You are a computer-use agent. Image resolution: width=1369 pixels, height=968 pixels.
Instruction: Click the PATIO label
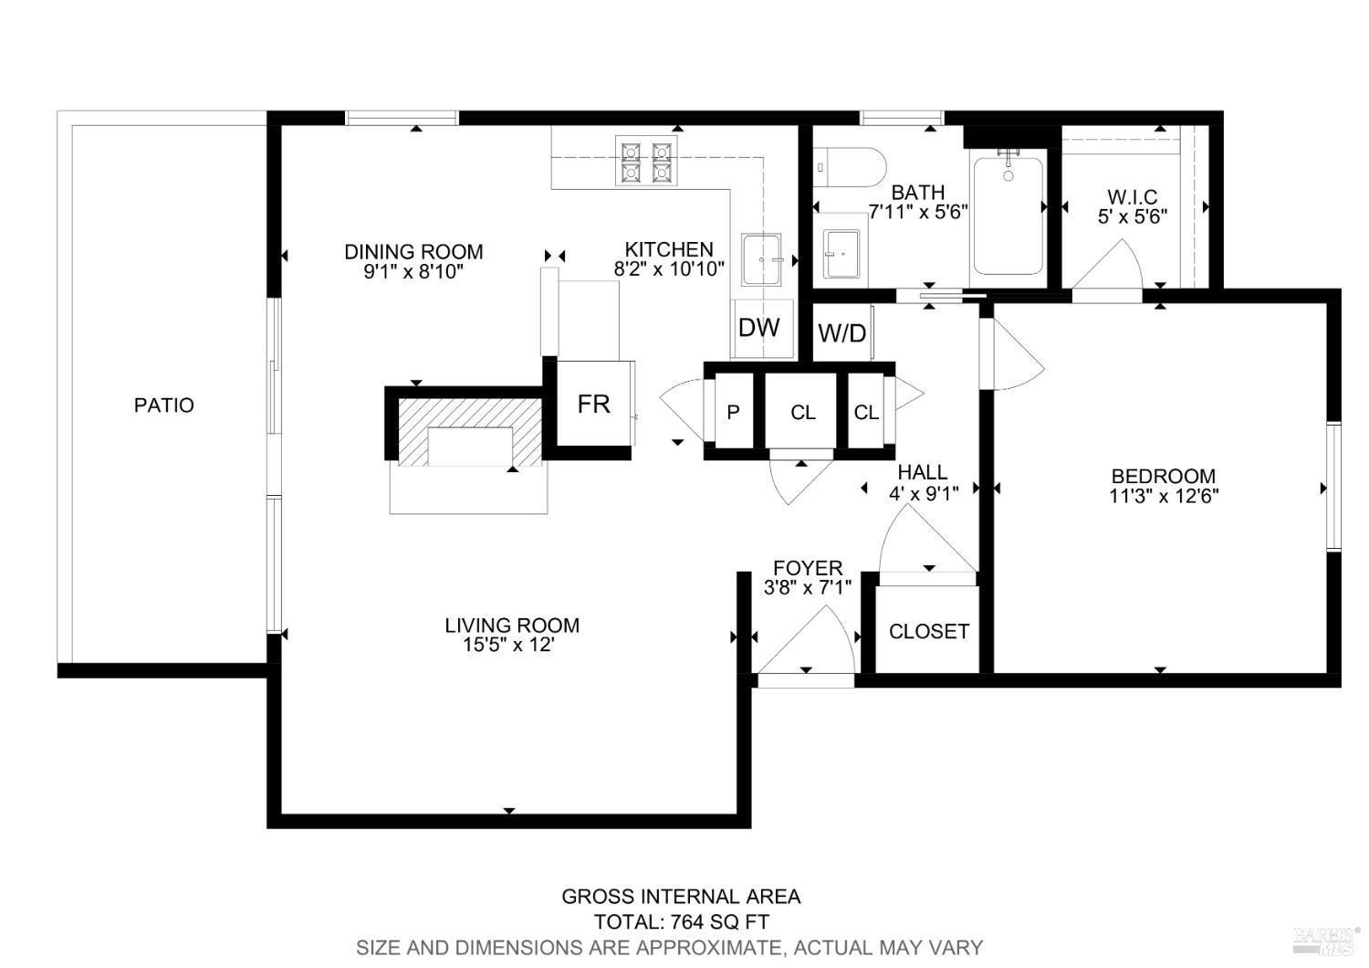164,405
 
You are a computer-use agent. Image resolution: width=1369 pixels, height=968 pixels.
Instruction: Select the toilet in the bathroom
852,167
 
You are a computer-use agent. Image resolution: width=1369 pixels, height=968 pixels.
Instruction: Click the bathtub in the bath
1008,216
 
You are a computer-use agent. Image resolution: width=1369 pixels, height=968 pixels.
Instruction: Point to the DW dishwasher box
759,328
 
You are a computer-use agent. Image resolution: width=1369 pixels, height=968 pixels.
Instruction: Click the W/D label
841,333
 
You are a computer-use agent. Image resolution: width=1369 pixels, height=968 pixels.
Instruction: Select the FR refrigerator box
593,404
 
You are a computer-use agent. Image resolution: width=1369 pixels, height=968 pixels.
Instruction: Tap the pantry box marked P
733,413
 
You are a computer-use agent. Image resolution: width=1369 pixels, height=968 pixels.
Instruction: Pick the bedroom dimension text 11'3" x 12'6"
1164,496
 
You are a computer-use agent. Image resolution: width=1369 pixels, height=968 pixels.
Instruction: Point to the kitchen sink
761,260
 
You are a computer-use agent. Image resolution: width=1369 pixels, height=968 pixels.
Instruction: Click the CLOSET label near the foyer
928,631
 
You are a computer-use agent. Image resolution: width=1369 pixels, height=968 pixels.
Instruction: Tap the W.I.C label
1132,196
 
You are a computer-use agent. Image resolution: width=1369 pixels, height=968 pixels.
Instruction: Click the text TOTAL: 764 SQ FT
682,921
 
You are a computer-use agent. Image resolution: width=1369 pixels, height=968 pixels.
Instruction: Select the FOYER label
808,568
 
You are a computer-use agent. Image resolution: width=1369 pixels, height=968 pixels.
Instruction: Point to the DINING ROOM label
413,251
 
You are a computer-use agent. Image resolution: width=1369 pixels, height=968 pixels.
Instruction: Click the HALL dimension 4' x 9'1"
923,492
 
